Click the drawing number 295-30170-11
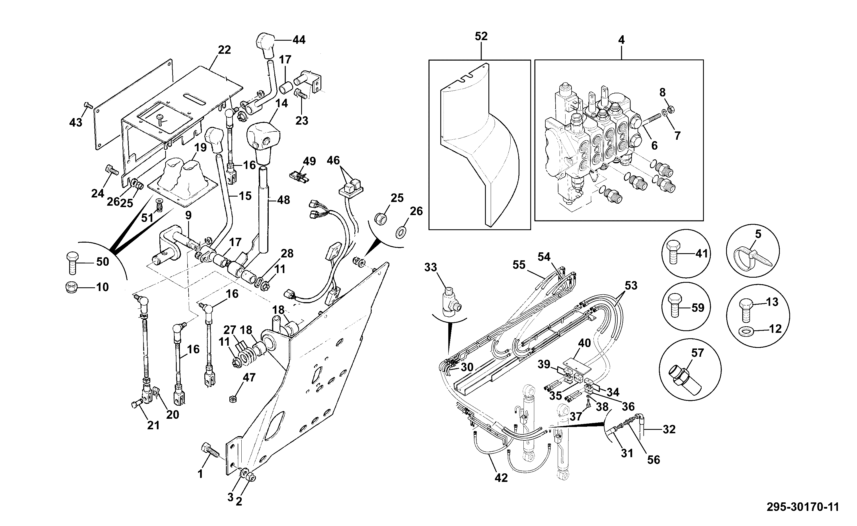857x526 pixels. pos(803,507)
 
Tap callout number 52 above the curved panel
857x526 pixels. pos(481,36)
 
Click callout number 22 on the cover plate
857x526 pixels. pos(225,50)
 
